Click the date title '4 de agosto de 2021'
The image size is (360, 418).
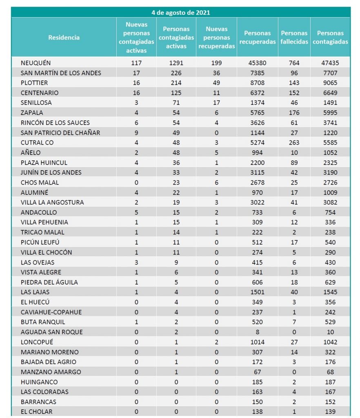pyautogui.click(x=180, y=12)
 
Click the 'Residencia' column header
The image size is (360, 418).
pyautogui.click(x=64, y=38)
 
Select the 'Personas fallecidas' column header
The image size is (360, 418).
pyautogui.click(x=294, y=38)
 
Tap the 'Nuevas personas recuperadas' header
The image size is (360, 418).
pyautogui.click(x=217, y=38)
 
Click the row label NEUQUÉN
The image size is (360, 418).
pyautogui.click(x=36, y=63)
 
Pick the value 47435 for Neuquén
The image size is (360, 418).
pyautogui.click(x=330, y=63)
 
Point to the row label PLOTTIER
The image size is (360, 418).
pyautogui.click(x=34, y=83)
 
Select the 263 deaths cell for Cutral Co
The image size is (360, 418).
pyautogui.click(x=294, y=142)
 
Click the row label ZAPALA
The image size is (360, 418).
pyautogui.click(x=32, y=113)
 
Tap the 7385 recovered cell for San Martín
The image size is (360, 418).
pyautogui.click(x=258, y=73)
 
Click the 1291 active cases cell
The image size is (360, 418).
pyautogui.click(x=176, y=63)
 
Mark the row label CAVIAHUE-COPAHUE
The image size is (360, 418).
pyautogui.click(x=51, y=312)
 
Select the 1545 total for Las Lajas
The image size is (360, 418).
pyautogui.click(x=330, y=292)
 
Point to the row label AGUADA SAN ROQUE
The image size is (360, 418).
pyautogui.click(x=51, y=332)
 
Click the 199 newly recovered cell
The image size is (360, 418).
pyautogui.click(x=217, y=63)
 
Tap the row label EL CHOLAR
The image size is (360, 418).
pyautogui.click(x=36, y=412)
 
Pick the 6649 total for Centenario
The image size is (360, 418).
pyautogui.click(x=330, y=93)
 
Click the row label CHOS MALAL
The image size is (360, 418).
pyautogui.click(x=40, y=182)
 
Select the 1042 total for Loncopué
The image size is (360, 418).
pyautogui.click(x=330, y=342)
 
